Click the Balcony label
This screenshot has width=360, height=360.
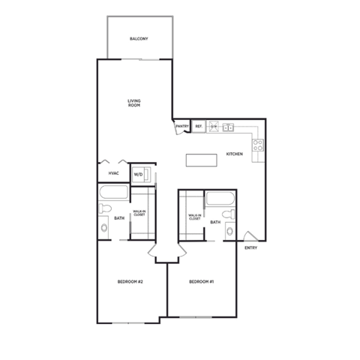(x=139, y=38)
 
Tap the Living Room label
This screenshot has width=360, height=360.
(x=134, y=103)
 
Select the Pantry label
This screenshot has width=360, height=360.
(x=182, y=127)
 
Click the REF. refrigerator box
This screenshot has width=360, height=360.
(x=199, y=127)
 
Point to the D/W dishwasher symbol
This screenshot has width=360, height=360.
(x=213, y=127)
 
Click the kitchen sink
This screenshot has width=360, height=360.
(x=229, y=126)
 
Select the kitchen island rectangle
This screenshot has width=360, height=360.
(x=200, y=160)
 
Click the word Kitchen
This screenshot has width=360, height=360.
(x=235, y=154)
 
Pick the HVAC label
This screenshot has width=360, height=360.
(x=114, y=173)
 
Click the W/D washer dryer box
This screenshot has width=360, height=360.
(x=139, y=175)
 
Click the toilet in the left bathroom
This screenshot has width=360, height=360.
(x=104, y=227)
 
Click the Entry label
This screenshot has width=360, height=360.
(x=250, y=248)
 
